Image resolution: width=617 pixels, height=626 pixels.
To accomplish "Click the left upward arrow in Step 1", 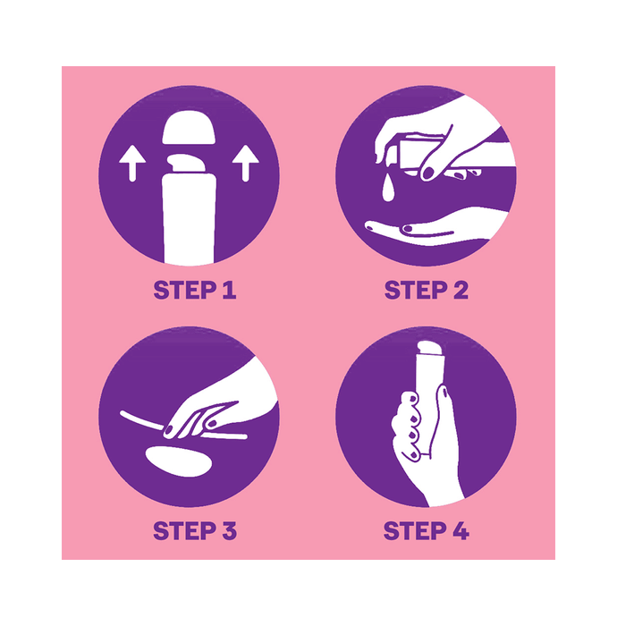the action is click(x=132, y=163).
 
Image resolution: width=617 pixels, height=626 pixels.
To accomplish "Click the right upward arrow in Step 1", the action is click(x=245, y=163).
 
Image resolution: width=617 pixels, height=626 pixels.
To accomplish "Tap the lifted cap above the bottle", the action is click(x=189, y=127).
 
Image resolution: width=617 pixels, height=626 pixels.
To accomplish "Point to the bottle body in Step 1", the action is click(x=189, y=219).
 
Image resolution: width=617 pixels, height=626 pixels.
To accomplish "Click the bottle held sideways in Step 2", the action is click(x=423, y=156).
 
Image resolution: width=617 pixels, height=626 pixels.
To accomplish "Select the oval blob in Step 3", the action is click(x=179, y=461).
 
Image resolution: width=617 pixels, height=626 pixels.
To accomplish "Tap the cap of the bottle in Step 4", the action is click(x=429, y=348).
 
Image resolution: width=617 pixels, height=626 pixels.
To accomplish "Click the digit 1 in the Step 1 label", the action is click(x=229, y=290).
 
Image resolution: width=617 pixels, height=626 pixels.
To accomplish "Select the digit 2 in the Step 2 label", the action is click(x=461, y=290).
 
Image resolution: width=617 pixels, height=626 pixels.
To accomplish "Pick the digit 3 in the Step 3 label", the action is click(x=229, y=530).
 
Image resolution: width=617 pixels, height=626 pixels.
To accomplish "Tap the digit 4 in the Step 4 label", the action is click(x=461, y=530).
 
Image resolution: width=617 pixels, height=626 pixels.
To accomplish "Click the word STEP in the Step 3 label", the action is click(x=183, y=530).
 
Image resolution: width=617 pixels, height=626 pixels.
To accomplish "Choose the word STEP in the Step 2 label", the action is click(x=415, y=290).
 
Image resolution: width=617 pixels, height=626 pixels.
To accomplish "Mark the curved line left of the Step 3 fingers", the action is click(x=141, y=420).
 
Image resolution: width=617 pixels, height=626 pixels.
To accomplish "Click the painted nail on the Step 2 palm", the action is click(x=408, y=229).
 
